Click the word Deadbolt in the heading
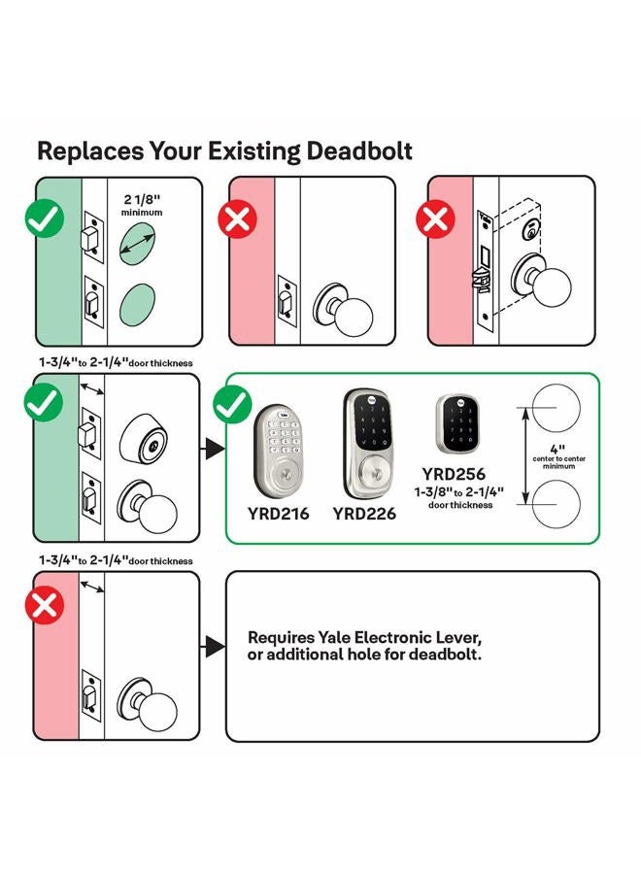359,151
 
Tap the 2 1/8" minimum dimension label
142,205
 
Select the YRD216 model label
278,514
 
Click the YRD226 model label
364,514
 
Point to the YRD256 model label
454,474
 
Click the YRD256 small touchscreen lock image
457,423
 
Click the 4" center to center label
558,456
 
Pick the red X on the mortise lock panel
436,219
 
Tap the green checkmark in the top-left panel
45,218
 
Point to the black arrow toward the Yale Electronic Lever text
214,647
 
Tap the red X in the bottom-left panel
45,605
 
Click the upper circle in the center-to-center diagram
556,408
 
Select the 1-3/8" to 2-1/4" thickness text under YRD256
459,497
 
